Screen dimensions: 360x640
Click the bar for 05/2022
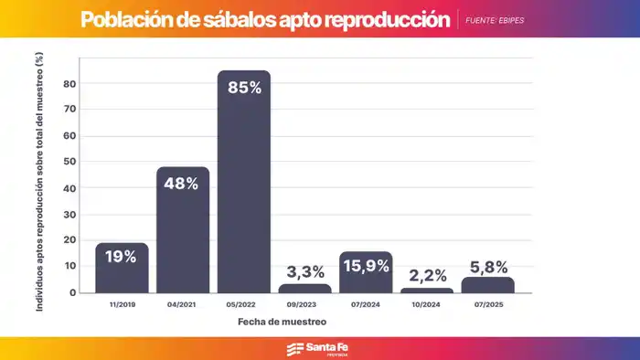(243, 183)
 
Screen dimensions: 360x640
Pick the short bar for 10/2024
(427, 291)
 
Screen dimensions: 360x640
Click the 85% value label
(243, 89)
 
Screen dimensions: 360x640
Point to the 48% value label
(182, 184)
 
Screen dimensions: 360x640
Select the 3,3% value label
(304, 271)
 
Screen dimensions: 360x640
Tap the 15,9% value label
(366, 267)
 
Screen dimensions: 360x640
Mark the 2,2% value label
(427, 272)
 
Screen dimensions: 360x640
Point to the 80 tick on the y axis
(69, 84)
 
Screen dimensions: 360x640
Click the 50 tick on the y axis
(69, 163)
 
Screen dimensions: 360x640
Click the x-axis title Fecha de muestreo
(282, 323)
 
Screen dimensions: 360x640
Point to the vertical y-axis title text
(40, 183)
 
